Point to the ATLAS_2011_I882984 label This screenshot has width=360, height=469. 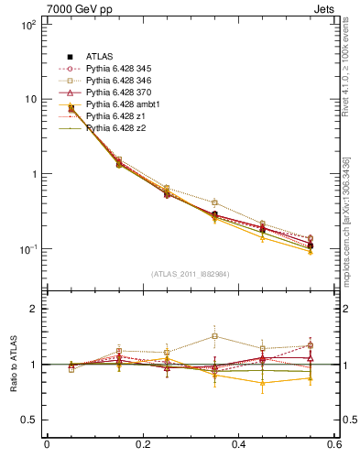(x=191, y=274)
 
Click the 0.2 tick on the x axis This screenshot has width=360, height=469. (x=142, y=444)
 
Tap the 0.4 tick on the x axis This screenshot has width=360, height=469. (x=239, y=444)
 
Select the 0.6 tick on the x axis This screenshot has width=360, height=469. (x=334, y=444)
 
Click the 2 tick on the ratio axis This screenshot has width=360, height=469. (x=34, y=310)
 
